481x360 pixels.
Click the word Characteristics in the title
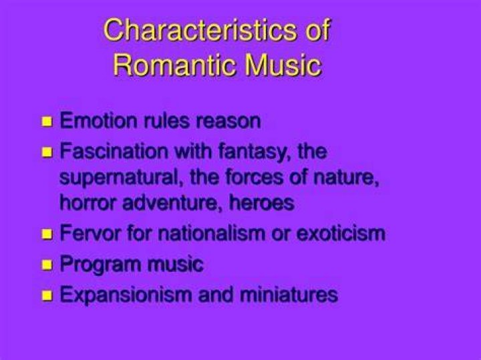pyautogui.click(x=200, y=30)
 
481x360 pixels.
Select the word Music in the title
pyautogui.click(x=283, y=65)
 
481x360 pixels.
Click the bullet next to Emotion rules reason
pyautogui.click(x=47, y=121)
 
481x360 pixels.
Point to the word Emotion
pyautogui.click(x=98, y=120)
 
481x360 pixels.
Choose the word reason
pyautogui.click(x=228, y=121)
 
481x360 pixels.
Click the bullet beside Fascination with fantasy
pyautogui.click(x=47, y=152)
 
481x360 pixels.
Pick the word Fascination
pyautogui.click(x=114, y=151)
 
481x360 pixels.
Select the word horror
pyautogui.click(x=89, y=202)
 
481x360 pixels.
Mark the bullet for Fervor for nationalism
pyautogui.click(x=47, y=234)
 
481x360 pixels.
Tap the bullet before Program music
pyautogui.click(x=47, y=264)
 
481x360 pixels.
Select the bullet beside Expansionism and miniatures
pyautogui.click(x=47, y=295)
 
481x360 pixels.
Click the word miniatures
pyautogui.click(x=289, y=294)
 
